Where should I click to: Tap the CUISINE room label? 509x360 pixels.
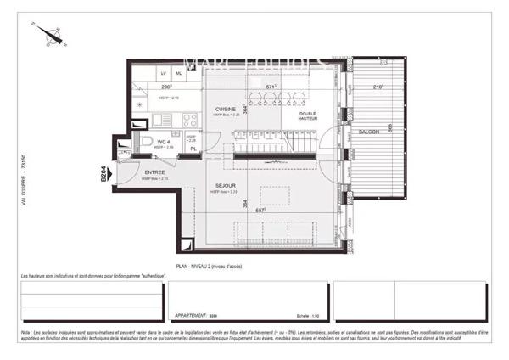pyautogui.click(x=225, y=110)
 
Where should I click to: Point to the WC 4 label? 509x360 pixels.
pyautogui.click(x=163, y=141)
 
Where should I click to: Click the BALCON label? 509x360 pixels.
pyautogui.click(x=368, y=132)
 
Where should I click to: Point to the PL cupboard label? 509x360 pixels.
pyautogui.click(x=194, y=149)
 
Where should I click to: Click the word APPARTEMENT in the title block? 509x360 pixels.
pyautogui.click(x=189, y=313)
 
